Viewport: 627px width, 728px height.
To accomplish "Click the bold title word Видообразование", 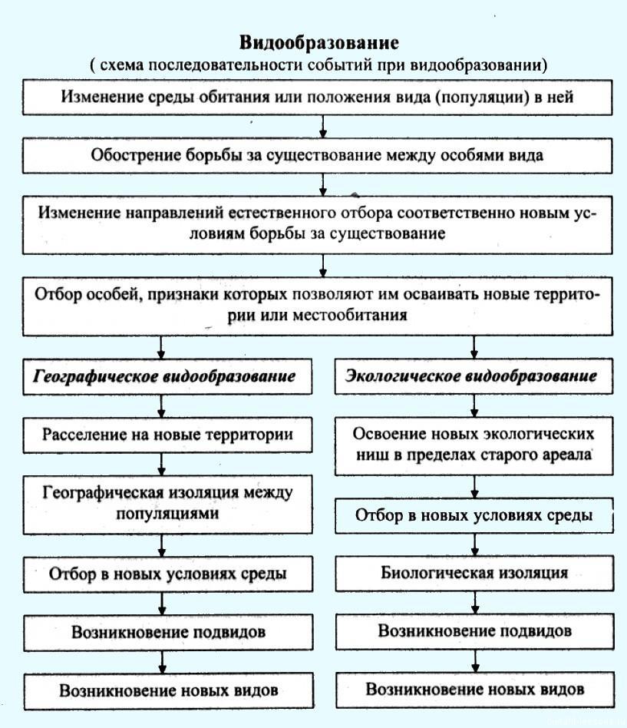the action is click(x=318, y=43).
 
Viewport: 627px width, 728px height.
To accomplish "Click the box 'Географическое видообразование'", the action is click(x=167, y=376).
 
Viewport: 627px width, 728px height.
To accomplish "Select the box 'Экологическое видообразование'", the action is click(x=474, y=376).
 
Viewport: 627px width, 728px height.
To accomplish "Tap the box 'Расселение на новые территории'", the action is click(x=167, y=435).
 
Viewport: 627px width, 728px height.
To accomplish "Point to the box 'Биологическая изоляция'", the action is click(x=474, y=574).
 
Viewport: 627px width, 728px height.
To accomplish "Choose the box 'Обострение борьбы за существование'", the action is click(x=318, y=156).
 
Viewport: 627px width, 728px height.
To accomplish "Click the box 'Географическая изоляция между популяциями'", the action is click(x=167, y=505).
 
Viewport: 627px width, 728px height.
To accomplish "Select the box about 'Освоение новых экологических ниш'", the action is click(x=474, y=445).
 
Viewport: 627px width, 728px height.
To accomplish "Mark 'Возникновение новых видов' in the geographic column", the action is click(x=169, y=691).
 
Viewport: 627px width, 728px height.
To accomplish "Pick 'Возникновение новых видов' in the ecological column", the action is click(x=475, y=690).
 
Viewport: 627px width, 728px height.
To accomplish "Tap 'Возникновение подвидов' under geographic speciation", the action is click(x=168, y=632).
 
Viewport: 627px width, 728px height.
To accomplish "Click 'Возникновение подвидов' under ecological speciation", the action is click(x=475, y=631).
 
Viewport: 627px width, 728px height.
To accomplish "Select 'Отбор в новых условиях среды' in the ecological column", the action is click(x=474, y=515).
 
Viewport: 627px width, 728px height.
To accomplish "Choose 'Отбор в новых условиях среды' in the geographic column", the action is click(x=167, y=574).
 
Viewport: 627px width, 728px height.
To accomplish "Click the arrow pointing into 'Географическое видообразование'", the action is click(x=161, y=347).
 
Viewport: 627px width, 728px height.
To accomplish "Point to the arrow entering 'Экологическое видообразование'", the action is click(x=474, y=347).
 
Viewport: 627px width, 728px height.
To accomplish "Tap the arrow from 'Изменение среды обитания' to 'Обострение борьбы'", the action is click(x=323, y=126).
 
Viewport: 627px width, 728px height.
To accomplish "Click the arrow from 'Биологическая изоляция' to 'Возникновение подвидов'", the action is click(x=475, y=603).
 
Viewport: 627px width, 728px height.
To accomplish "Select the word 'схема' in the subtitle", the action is click(x=121, y=65).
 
